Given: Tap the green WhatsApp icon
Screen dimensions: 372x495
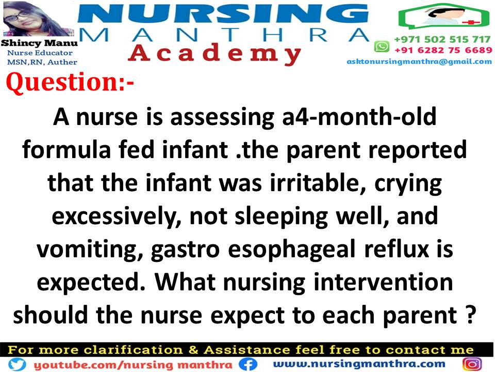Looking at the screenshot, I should click(381, 47).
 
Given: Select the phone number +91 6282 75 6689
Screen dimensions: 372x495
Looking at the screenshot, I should click(443, 50).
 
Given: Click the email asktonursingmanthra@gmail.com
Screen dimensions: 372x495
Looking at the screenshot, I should click(419, 61).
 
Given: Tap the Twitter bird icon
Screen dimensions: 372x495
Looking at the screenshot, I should click(16, 364).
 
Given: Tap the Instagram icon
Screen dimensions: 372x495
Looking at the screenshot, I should click(472, 364).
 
